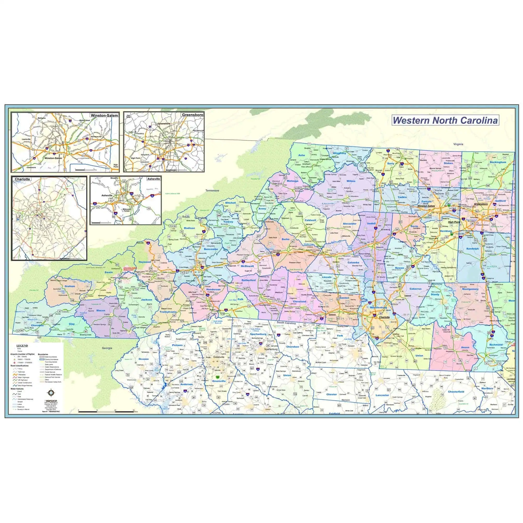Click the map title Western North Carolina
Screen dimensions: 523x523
click(x=445, y=121)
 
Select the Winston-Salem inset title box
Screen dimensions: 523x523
click(x=104, y=115)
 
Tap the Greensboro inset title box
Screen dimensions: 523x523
click(x=192, y=115)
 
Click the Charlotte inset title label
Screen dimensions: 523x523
click(x=22, y=179)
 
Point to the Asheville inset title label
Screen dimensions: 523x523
click(x=154, y=179)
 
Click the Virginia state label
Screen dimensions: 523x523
click(x=458, y=144)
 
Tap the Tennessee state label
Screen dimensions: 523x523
click(x=212, y=191)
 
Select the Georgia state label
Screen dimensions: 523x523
click(x=107, y=348)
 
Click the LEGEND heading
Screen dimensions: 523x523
click(x=22, y=346)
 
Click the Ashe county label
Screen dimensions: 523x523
click(x=301, y=155)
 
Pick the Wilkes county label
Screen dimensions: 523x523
click(x=351, y=181)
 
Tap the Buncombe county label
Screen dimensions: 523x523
click(x=211, y=249)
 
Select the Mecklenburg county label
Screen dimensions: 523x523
click(x=378, y=308)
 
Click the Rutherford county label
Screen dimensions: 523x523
click(x=248, y=280)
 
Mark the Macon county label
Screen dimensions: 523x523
click(x=101, y=310)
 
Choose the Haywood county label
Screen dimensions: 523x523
click(x=145, y=262)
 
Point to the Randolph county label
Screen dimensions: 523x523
click(x=472, y=248)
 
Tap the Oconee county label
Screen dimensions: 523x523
click(x=144, y=359)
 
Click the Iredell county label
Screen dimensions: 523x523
click(x=371, y=224)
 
